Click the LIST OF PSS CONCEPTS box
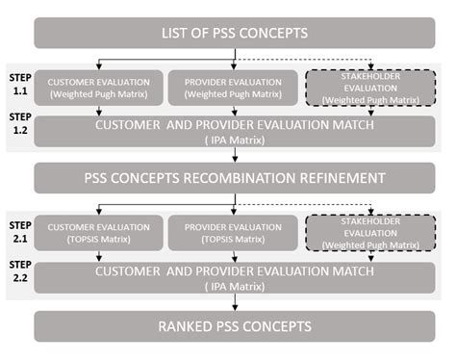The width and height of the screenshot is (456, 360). (x=234, y=33)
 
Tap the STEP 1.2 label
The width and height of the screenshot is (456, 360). (x=18, y=121)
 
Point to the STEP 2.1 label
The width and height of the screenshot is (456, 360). (x=18, y=227)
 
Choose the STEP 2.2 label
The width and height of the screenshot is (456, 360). (x=18, y=268)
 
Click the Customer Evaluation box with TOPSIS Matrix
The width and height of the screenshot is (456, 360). (x=98, y=232)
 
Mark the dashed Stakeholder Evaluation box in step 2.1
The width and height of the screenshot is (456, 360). (x=369, y=233)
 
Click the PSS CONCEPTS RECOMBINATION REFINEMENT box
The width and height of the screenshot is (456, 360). (x=234, y=178)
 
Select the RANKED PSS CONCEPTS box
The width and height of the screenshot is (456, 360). (x=234, y=326)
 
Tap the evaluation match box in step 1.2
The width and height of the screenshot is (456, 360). (x=234, y=131)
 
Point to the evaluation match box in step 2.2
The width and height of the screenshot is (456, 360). (x=234, y=278)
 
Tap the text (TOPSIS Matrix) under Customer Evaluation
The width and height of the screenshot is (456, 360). (x=98, y=239)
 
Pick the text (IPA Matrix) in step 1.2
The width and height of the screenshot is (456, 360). (x=234, y=139)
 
